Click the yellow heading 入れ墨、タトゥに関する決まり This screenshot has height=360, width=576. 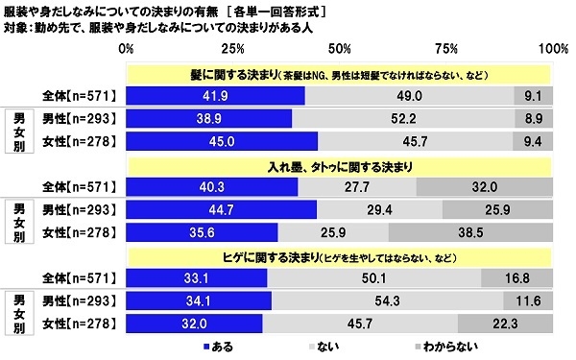coord(336,165)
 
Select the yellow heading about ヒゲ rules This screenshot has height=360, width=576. coord(336,256)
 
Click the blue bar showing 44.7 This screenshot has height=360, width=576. coord(220,210)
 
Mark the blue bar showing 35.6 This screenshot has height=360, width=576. coord(201,233)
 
